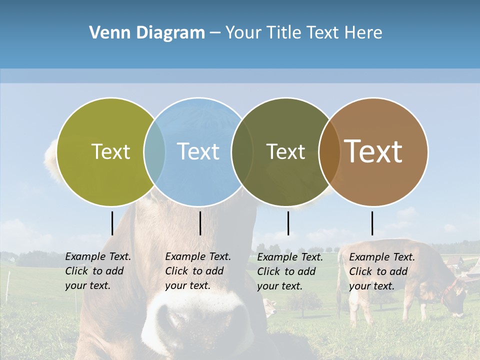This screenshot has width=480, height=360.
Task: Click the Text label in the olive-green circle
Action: (110, 152)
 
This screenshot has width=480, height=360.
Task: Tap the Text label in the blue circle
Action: (198, 152)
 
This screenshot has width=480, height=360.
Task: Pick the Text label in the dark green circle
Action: (285, 152)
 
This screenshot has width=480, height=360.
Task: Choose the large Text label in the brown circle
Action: (373, 151)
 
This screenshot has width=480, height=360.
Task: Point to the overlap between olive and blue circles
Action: (154, 152)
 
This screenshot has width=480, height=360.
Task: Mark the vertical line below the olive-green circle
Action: (112, 223)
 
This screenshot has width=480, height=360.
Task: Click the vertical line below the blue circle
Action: (200, 223)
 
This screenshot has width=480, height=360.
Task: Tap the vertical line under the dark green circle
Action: (288, 223)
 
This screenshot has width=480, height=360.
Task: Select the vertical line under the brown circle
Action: (372, 223)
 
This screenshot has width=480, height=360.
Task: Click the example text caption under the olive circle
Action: (98, 271)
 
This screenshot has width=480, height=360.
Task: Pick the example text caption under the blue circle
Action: (198, 271)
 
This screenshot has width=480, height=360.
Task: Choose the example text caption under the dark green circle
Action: (290, 271)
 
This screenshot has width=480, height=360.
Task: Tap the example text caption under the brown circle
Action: (382, 271)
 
